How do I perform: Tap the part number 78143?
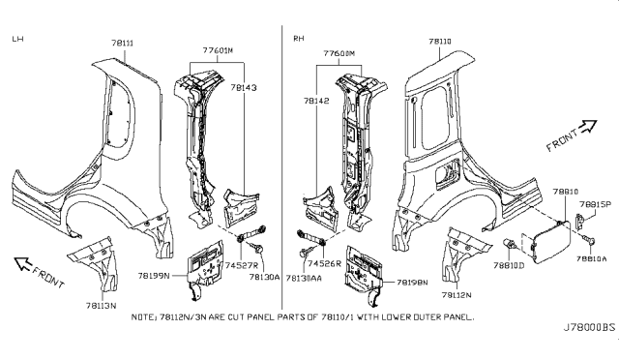(244, 86)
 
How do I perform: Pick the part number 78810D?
(508, 264)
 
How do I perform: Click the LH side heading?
(17, 39)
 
